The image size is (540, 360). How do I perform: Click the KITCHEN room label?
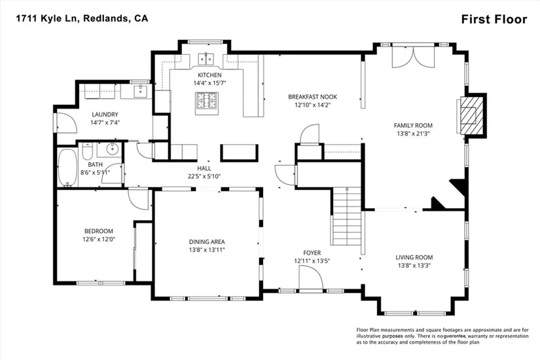[x=209, y=75]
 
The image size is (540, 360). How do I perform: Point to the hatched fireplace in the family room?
[x=471, y=115]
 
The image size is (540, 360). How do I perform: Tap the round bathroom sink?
[x=113, y=149]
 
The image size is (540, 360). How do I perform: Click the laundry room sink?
[x=141, y=91]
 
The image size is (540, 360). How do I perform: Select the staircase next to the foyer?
[x=347, y=217]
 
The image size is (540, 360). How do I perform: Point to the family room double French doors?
[x=413, y=56]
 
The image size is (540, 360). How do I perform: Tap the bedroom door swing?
[x=139, y=199]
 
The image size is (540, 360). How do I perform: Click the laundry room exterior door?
[x=64, y=122]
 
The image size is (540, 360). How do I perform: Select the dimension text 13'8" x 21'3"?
[x=413, y=134]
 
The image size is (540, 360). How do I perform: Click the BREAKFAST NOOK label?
[x=312, y=97]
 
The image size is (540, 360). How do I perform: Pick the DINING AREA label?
[x=207, y=242]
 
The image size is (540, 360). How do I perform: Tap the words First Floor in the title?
[x=494, y=19]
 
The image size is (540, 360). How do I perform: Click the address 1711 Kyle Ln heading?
[x=48, y=18]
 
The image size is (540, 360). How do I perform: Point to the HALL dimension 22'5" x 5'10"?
[x=204, y=176]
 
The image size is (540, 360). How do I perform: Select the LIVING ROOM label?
[x=414, y=257]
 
